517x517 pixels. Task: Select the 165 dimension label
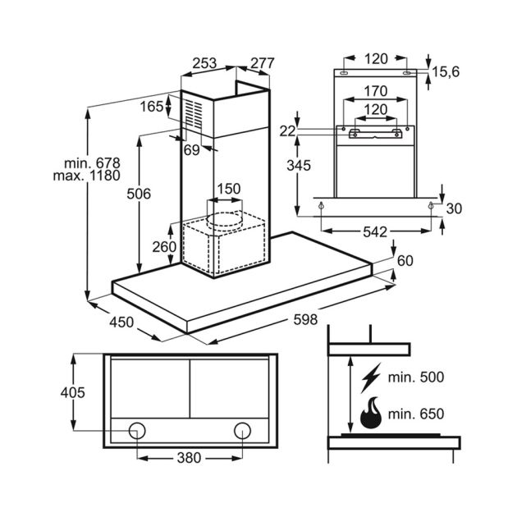(151, 106)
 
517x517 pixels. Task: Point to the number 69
(191, 149)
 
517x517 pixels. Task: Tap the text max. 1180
(85, 176)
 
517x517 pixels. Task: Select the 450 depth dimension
(121, 323)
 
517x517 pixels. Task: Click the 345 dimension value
(299, 165)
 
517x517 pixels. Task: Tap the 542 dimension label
(374, 231)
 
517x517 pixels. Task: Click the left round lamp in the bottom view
(138, 431)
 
